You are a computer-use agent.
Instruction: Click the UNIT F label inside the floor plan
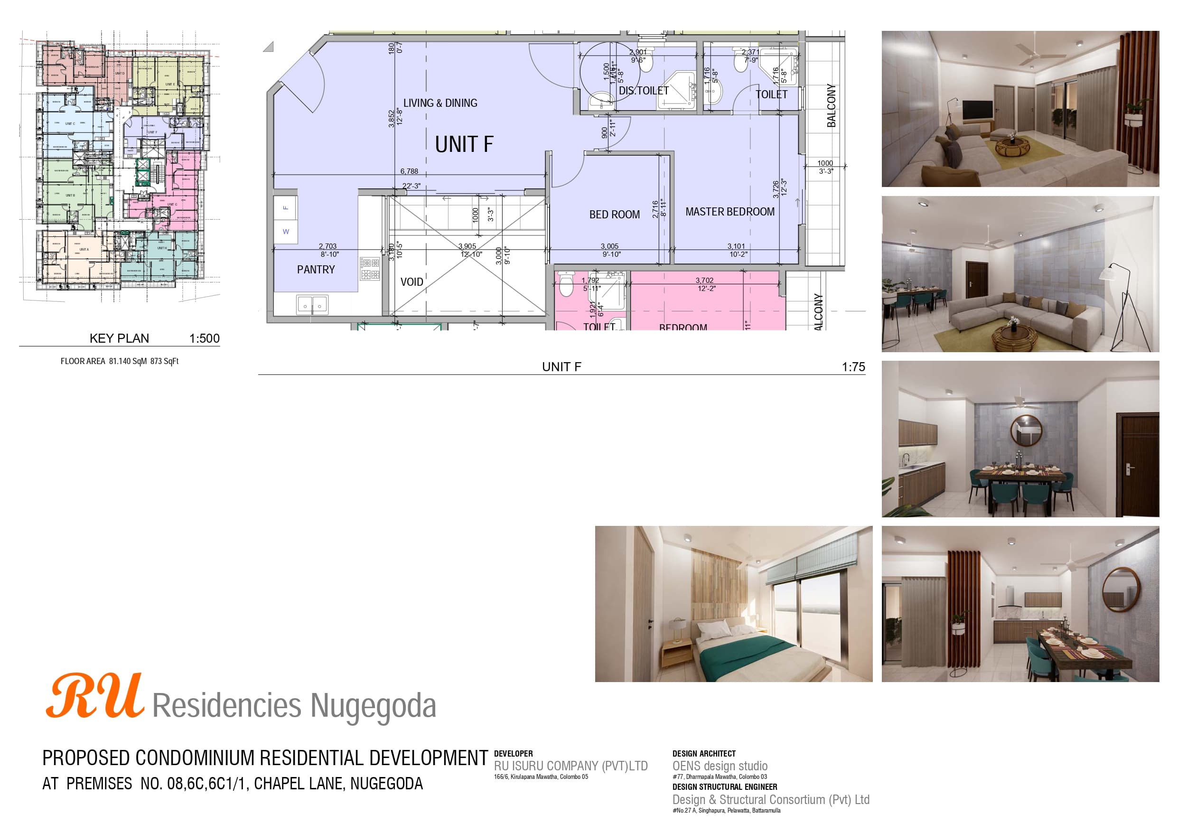(x=464, y=144)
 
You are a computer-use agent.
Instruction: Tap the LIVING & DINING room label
(x=440, y=103)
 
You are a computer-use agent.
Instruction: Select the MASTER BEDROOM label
(x=729, y=212)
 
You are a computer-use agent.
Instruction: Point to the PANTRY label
(x=316, y=270)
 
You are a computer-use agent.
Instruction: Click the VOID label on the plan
(x=411, y=282)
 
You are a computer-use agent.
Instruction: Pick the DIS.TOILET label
(x=644, y=91)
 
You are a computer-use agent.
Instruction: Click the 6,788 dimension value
(x=409, y=171)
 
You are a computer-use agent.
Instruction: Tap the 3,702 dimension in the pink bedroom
(x=704, y=280)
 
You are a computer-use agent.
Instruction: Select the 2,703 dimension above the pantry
(x=327, y=246)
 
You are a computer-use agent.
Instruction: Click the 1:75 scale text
(x=853, y=367)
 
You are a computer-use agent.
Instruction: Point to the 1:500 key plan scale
(x=204, y=338)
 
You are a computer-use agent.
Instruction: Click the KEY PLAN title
(x=119, y=338)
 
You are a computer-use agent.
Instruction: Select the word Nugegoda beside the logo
(x=373, y=706)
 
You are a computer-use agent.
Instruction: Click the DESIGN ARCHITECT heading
(x=704, y=753)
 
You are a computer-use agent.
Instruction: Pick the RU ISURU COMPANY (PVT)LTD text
(x=570, y=766)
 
